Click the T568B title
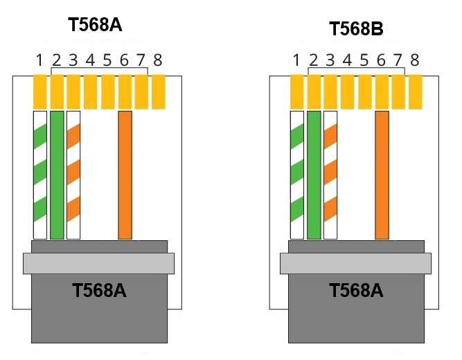356,29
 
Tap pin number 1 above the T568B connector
296,60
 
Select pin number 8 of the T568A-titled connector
158,60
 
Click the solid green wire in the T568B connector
314,175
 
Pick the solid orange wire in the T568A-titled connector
125,175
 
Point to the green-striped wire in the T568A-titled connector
40,175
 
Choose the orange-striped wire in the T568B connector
330,175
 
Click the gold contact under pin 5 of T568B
365,92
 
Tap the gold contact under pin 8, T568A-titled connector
159,92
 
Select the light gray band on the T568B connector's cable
355,263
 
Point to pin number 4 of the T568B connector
348,60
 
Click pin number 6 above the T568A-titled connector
124,60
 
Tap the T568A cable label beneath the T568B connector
356,291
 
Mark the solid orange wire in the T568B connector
382,175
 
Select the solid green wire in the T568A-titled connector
57,175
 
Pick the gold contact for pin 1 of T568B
296,92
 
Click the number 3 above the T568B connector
330,60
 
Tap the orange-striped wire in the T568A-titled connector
73,175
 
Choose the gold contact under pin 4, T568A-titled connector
91,92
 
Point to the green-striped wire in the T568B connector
297,175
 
